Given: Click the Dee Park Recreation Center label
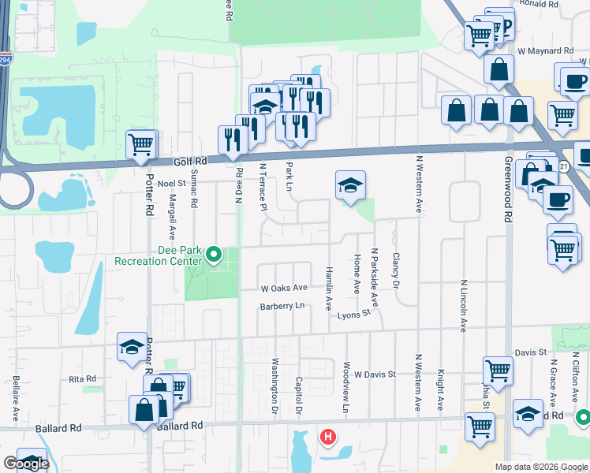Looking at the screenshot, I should point(159,255).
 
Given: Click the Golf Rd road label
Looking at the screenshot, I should point(189,161).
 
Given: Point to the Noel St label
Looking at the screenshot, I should point(170,183).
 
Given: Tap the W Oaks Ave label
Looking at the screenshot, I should point(285,289).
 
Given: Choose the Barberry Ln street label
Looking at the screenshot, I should point(282,307).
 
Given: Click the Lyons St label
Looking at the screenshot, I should point(354,315).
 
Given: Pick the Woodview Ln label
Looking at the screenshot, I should point(345,387).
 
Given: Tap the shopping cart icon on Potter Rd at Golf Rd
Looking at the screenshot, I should point(140,144).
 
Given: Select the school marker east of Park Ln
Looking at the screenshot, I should point(350,185).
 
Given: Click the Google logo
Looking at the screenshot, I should point(26,464).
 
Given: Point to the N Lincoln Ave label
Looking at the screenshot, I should point(465,305).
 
